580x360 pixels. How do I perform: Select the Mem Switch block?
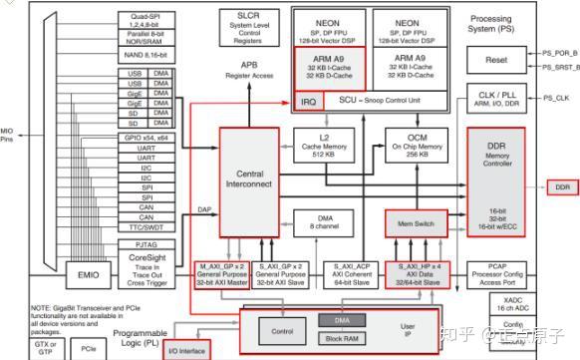click(415, 222)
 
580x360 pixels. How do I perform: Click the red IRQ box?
click(308, 102)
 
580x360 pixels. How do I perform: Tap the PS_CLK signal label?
click(557, 98)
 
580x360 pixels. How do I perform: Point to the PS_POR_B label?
click(559, 52)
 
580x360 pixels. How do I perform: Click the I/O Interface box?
click(185, 350)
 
